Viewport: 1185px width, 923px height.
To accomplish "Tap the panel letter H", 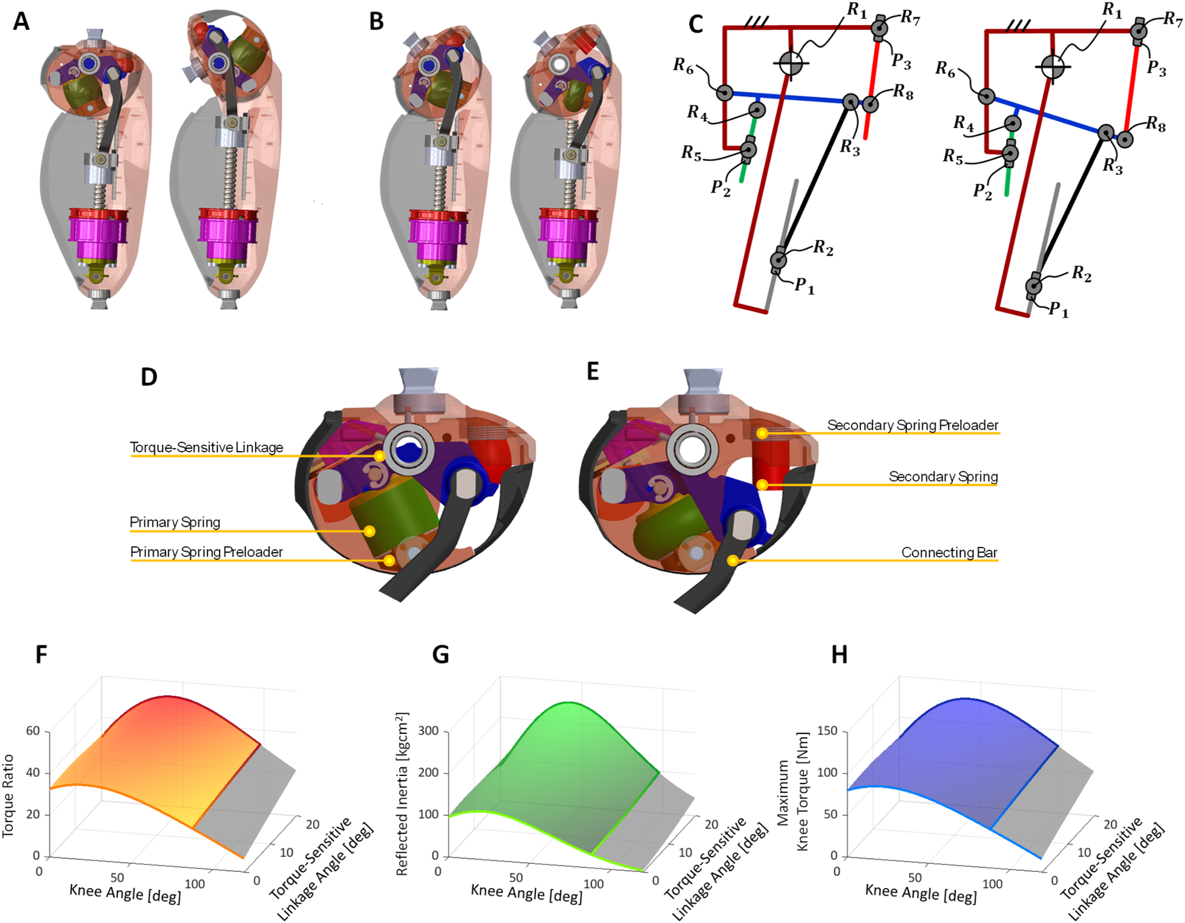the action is pyautogui.click(x=839, y=655).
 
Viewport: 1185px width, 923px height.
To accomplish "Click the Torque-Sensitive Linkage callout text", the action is pyautogui.click(x=207, y=447).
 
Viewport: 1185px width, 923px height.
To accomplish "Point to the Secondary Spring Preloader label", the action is pyautogui.click(x=912, y=425).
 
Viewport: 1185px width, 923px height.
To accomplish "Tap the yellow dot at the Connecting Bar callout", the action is pyautogui.click(x=732, y=560).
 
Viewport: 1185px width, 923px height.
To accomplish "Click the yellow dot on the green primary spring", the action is pyautogui.click(x=370, y=531).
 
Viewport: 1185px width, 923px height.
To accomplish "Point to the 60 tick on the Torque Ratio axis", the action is pyautogui.click(x=33, y=730).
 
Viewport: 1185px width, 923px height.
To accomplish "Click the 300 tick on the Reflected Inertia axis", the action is pyautogui.click(x=429, y=730).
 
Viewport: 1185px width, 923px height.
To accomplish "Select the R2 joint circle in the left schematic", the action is pyautogui.click(x=778, y=259).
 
